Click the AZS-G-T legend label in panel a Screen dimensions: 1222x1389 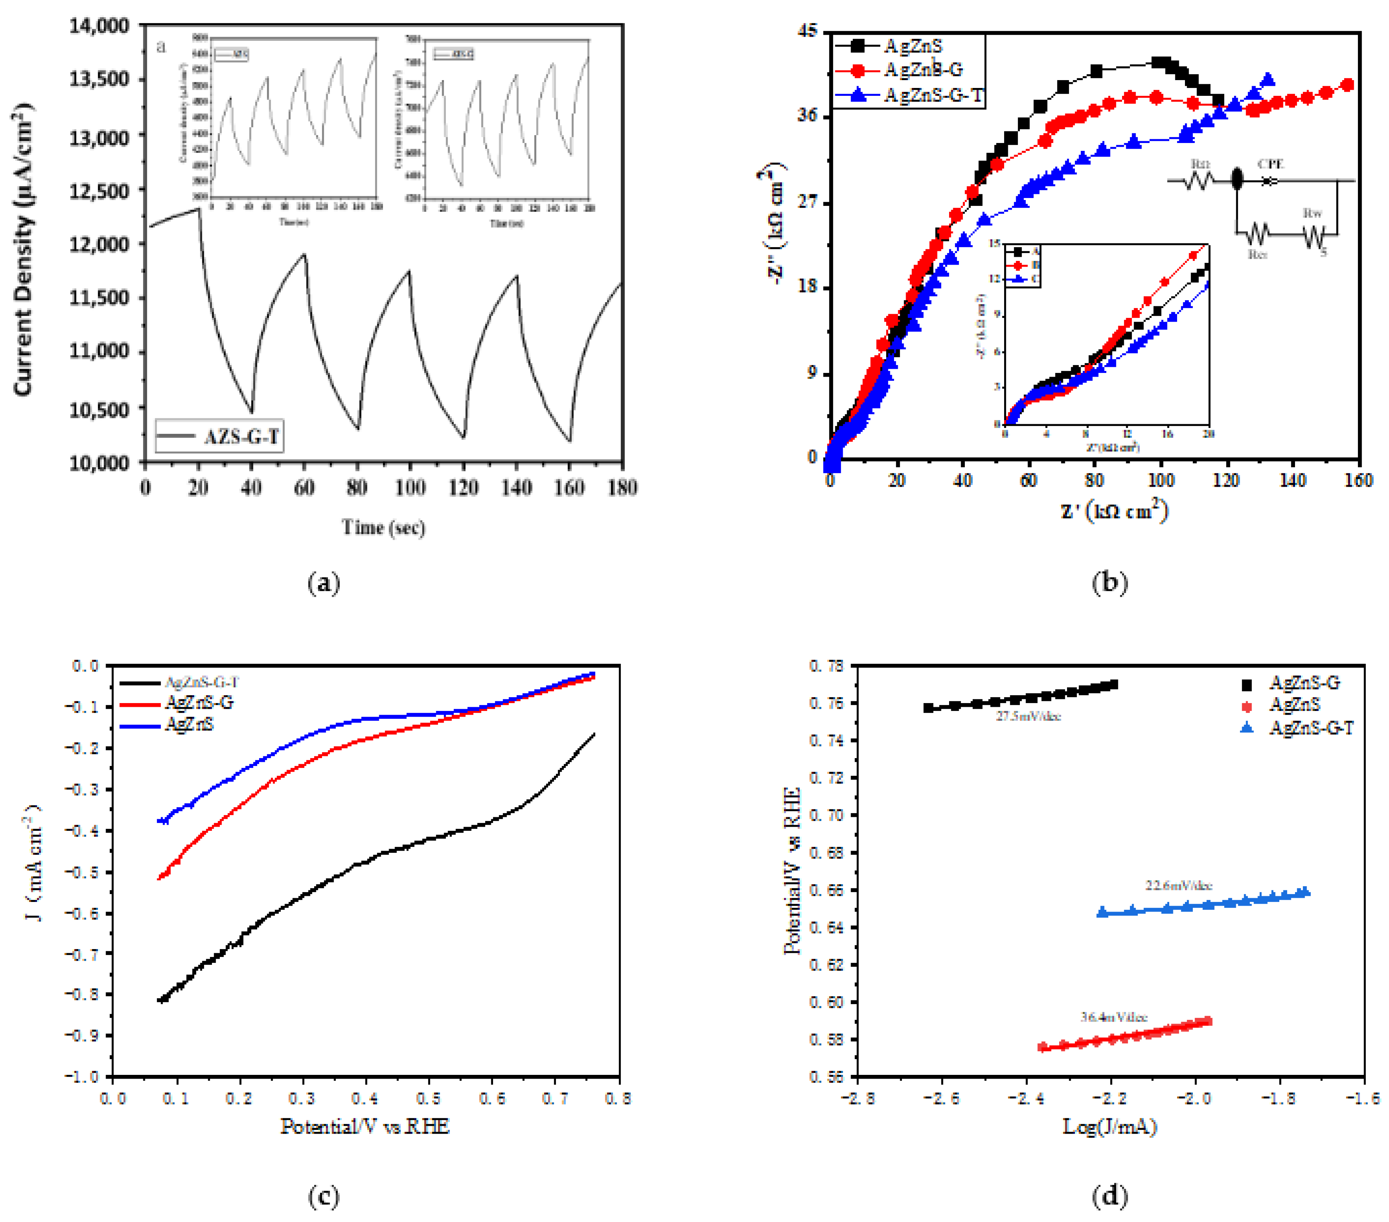[x=241, y=436]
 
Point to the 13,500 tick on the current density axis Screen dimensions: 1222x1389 [x=98, y=79]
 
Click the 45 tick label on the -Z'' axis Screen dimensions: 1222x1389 [x=809, y=31]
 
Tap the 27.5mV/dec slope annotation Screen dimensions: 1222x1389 [x=1028, y=716]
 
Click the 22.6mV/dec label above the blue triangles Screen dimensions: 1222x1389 [x=1178, y=885]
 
